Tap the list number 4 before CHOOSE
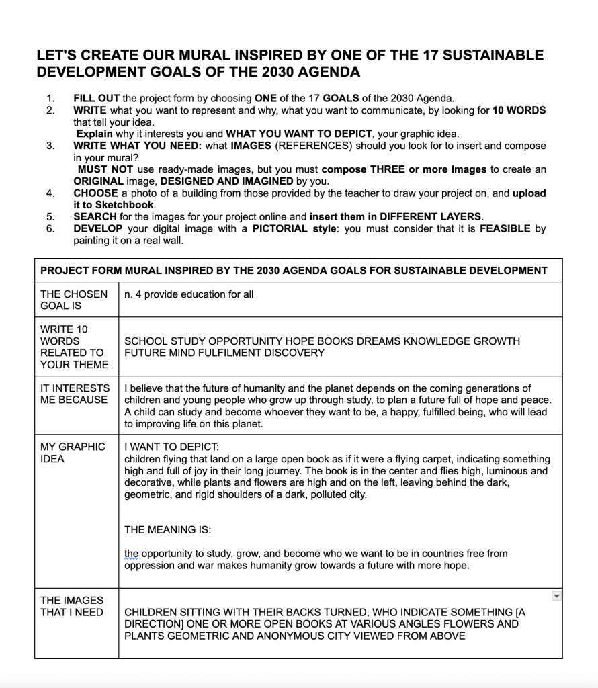point(50,193)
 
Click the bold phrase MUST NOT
point(105,169)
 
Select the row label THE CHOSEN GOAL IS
point(73,300)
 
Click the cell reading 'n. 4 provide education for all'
point(189,294)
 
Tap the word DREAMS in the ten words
point(374,341)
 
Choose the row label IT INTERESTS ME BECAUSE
point(75,394)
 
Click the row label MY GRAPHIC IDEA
point(73,453)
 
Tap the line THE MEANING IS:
point(167,530)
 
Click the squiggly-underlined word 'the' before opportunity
point(132,554)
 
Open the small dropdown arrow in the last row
point(556,595)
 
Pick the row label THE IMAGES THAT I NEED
point(72,606)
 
